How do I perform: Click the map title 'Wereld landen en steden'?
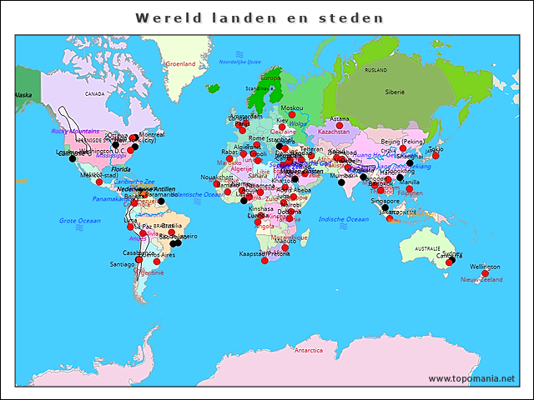pyautogui.click(x=259, y=17)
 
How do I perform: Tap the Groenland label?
pyautogui.click(x=180, y=64)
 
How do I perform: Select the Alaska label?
pyautogui.click(x=23, y=95)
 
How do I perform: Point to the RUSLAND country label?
pyautogui.click(x=376, y=71)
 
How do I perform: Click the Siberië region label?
pyautogui.click(x=394, y=92)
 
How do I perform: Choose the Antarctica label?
pyautogui.click(x=308, y=351)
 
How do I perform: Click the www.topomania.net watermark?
pyautogui.click(x=471, y=379)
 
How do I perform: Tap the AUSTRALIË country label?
pyautogui.click(x=427, y=249)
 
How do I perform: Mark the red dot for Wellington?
pyautogui.click(x=486, y=272)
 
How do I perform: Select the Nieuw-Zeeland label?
pyautogui.click(x=481, y=280)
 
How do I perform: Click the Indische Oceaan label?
pyautogui.click(x=343, y=219)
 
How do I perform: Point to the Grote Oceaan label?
pyautogui.click(x=79, y=221)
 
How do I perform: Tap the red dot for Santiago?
pyautogui.click(x=139, y=259)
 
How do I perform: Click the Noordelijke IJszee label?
pyautogui.click(x=239, y=62)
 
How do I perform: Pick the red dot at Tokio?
pyautogui.click(x=436, y=156)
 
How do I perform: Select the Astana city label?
pyautogui.click(x=340, y=119)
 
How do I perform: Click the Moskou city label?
pyautogui.click(x=292, y=108)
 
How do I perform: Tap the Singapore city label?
pyautogui.click(x=385, y=201)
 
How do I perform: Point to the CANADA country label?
pyautogui.click(x=94, y=94)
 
